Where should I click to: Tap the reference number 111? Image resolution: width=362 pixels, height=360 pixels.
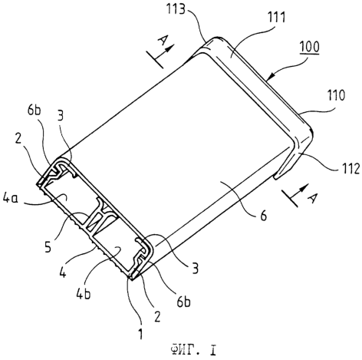tap(277, 18)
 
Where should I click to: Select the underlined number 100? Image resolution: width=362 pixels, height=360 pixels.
tap(310, 48)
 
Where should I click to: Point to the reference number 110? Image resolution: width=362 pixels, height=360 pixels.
tap(336, 95)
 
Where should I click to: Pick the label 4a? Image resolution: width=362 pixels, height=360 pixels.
tap(11, 199)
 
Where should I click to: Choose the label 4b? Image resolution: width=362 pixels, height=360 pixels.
tap(84, 294)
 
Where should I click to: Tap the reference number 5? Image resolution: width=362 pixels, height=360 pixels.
tap(48, 247)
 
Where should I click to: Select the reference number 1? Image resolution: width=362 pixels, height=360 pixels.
tap(140, 334)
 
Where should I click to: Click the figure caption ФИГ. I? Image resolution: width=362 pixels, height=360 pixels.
tap(193, 350)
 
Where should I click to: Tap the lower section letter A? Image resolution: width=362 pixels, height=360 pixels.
tap(314, 197)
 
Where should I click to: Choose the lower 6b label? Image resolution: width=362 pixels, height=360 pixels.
tap(184, 302)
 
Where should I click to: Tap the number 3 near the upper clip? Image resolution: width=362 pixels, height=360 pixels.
tap(61, 116)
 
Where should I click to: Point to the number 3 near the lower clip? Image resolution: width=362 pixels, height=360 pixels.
tap(195, 269)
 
